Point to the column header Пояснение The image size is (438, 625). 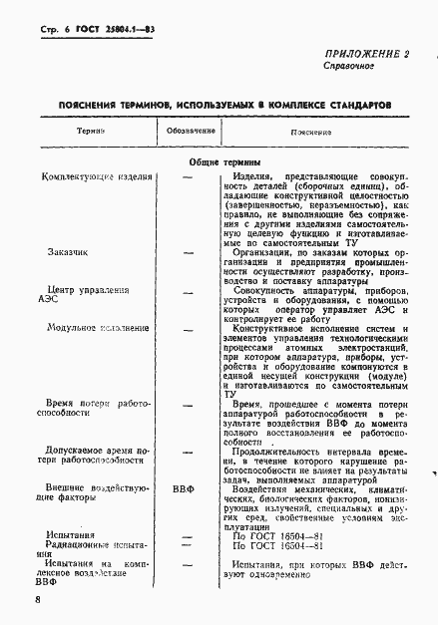click(310, 132)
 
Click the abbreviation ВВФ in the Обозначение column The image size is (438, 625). click(182, 488)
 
